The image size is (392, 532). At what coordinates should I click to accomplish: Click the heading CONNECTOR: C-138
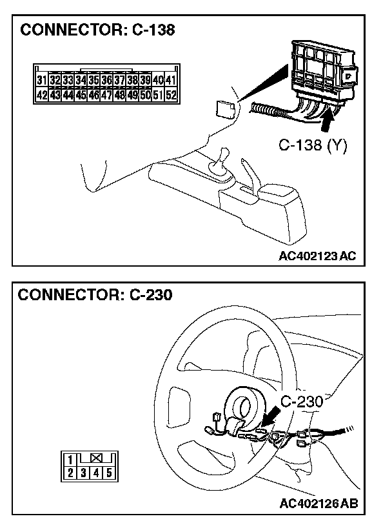98,30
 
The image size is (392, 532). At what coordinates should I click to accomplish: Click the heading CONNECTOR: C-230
95,296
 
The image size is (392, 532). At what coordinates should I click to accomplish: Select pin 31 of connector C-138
42,81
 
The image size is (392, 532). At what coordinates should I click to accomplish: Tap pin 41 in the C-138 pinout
171,81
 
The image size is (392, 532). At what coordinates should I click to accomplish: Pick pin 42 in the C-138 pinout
42,94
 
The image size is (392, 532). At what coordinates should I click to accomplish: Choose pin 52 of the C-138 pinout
171,94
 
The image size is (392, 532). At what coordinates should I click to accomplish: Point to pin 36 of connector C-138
106,81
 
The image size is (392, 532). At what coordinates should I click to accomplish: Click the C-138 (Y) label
313,146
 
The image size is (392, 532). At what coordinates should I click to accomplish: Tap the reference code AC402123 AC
317,256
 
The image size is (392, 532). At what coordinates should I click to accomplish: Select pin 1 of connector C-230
70,460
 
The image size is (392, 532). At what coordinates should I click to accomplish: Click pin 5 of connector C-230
109,472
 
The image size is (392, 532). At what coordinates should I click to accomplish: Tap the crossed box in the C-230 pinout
96,459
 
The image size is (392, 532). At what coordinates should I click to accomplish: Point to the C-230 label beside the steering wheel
302,402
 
